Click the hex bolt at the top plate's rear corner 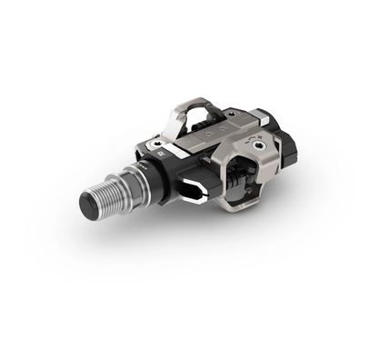point(255,115)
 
